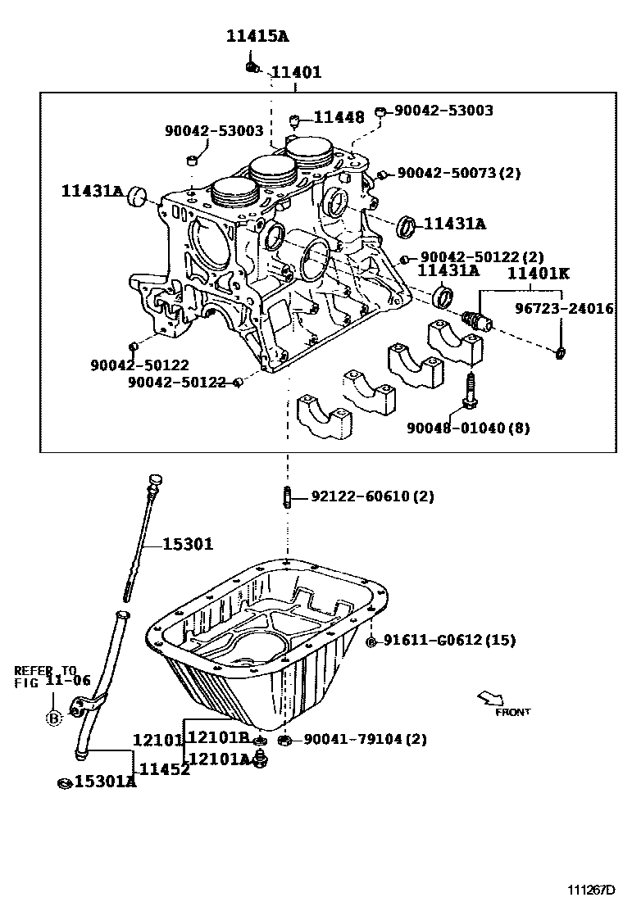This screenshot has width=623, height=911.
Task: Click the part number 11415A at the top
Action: pos(258,36)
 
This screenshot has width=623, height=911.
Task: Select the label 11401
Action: pos(296,72)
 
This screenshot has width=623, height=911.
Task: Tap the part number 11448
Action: pos(338,117)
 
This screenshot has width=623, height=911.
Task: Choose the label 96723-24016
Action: pos(564,309)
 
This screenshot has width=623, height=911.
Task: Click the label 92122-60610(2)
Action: pos(372,496)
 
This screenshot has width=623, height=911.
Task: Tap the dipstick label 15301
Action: pos(187,543)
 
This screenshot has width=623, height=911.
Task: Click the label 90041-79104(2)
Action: pos(365,739)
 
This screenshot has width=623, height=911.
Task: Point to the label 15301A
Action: pos(105,782)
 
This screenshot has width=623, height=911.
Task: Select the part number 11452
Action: pos(164,768)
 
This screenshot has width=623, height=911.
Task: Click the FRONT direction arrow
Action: pos(492,698)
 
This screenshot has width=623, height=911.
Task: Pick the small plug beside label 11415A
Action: pos(252,65)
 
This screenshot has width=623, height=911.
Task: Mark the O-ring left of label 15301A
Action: pos(63,782)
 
